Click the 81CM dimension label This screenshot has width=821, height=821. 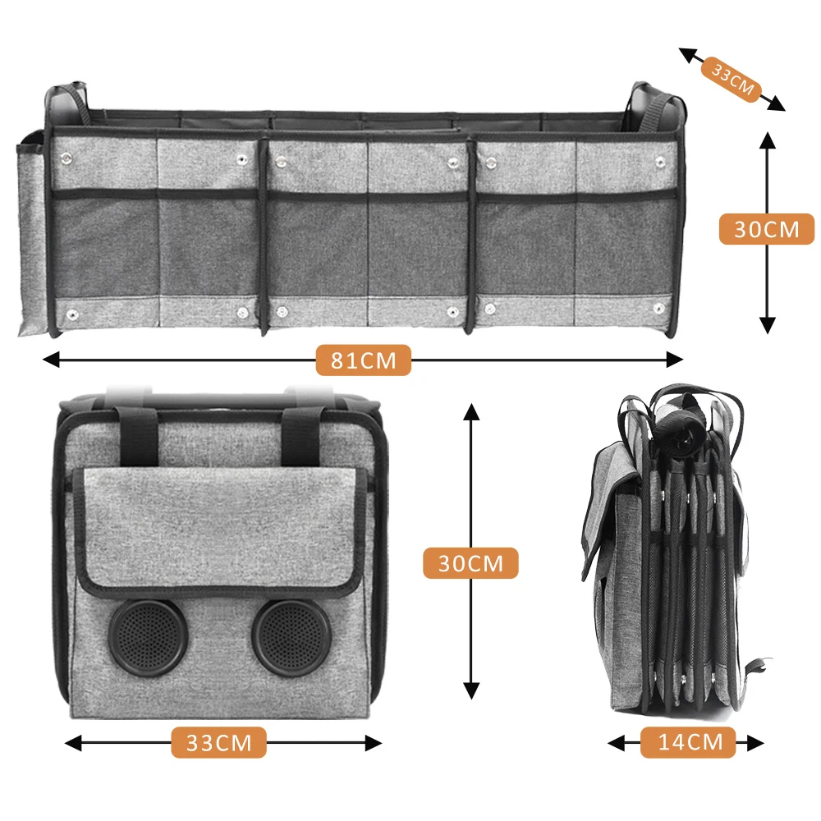tap(362, 360)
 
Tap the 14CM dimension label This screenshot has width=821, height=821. tap(690, 743)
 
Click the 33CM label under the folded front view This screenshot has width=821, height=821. tap(219, 744)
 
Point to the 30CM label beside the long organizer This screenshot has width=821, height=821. tap(766, 229)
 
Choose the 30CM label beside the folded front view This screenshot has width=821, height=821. tap(470, 563)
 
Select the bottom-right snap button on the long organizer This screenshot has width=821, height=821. tap(657, 310)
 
